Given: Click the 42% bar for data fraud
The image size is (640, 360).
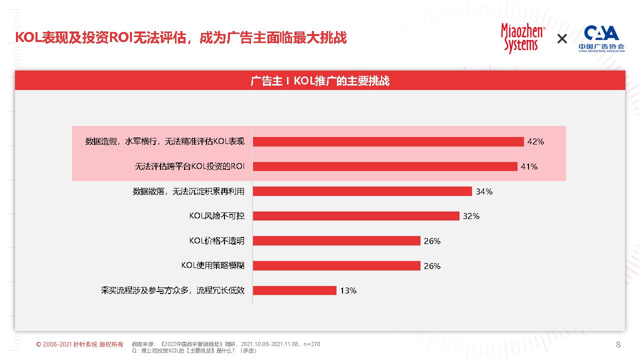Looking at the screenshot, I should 388,141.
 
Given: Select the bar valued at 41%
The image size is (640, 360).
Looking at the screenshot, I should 385,166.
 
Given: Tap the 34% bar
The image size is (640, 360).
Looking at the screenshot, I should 362,191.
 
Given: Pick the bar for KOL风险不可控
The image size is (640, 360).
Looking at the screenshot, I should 356,216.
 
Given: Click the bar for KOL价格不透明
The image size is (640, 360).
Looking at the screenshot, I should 336,241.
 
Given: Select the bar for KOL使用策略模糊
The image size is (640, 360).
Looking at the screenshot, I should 336,265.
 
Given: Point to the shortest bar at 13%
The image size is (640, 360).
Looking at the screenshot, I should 294,290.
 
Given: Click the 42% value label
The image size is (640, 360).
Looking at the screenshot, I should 535,141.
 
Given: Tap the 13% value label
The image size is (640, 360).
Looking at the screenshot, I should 348,290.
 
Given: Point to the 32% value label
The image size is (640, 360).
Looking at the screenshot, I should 471,216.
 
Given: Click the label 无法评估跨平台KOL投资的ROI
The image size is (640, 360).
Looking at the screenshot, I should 189,166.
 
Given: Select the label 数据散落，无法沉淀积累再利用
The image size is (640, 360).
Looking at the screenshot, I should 188,191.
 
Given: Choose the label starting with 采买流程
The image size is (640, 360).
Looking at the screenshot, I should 172,290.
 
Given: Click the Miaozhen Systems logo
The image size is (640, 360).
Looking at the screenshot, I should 523,38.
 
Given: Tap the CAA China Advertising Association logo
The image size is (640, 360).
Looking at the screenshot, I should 601,38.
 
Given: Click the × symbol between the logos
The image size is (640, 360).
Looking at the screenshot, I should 562,38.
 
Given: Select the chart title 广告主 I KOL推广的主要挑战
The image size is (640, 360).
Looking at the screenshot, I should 320,81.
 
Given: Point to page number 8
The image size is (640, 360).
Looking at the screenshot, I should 618,344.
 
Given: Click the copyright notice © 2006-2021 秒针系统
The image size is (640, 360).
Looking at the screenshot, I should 79,344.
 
